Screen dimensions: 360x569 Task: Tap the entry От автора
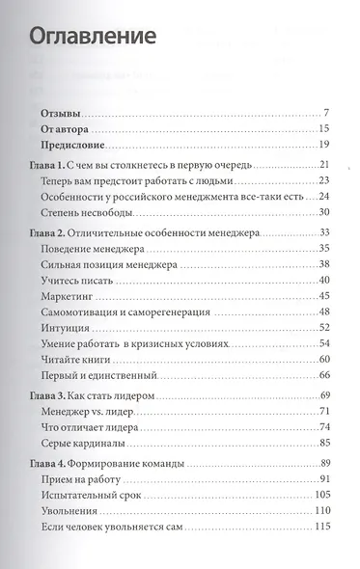coord(66,128)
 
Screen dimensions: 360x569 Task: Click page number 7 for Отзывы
coord(328,113)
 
